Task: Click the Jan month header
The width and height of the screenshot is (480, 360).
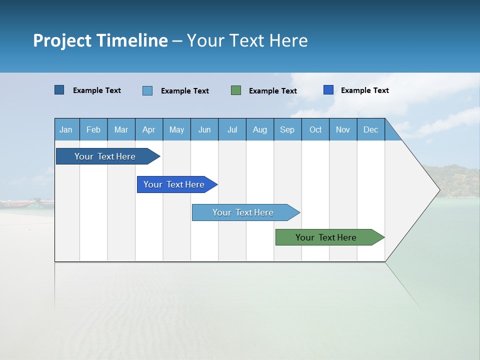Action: click(66, 129)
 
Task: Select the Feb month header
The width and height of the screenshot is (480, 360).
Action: click(93, 129)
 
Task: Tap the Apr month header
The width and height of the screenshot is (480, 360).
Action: click(149, 129)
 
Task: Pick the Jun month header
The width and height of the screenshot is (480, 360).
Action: click(204, 129)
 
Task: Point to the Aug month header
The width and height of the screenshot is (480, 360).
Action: click(260, 129)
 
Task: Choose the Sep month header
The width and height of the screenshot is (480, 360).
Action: click(287, 129)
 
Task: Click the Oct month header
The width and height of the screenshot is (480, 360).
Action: click(315, 129)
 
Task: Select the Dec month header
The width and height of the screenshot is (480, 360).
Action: click(371, 129)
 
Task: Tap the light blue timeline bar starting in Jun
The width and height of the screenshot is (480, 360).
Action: click(243, 212)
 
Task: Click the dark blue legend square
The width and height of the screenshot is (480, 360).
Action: click(59, 90)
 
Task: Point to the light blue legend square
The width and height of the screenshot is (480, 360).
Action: click(147, 90)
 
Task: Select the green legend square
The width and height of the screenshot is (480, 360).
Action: click(236, 90)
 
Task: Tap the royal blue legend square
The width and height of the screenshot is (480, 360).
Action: click(328, 90)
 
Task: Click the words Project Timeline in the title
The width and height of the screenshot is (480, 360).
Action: click(100, 40)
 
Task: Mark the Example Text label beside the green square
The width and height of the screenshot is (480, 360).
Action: click(273, 91)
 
